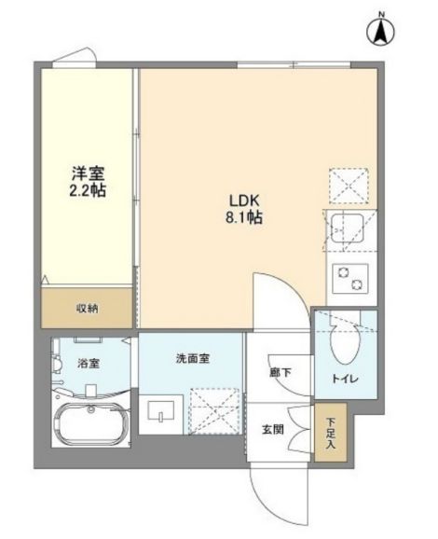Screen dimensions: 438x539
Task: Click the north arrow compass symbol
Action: coord(380,30)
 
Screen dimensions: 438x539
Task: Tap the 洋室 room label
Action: coord(88,173)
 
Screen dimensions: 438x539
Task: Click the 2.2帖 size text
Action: coord(88,190)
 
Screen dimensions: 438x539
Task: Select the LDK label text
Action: coord(244,200)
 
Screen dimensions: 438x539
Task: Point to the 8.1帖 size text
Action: coord(244,217)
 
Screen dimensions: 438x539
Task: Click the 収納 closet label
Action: coord(87,309)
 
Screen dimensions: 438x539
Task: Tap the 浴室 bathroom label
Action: coord(89,363)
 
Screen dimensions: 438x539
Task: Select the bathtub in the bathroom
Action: coord(91,424)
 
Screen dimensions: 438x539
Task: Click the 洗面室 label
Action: coord(192,358)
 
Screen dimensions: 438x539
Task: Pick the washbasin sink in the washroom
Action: coord(161,410)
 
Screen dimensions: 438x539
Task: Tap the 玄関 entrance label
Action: coord(273,429)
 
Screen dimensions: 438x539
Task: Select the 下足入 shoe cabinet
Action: coord(331,433)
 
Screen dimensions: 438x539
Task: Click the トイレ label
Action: coord(346,379)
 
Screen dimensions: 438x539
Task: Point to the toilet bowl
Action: coord(345,343)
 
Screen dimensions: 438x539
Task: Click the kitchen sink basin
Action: coord(347,228)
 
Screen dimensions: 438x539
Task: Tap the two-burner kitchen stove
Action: coord(350,278)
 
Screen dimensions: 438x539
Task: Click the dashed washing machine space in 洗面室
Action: coord(214,411)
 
